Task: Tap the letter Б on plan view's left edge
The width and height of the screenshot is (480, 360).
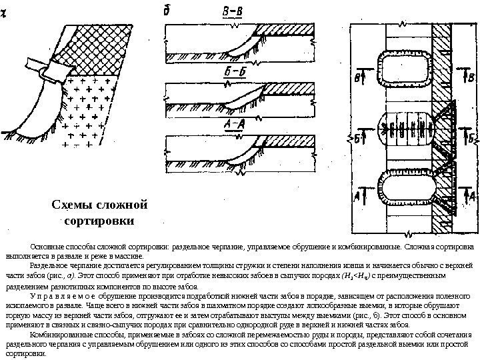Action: pos(358,138)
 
